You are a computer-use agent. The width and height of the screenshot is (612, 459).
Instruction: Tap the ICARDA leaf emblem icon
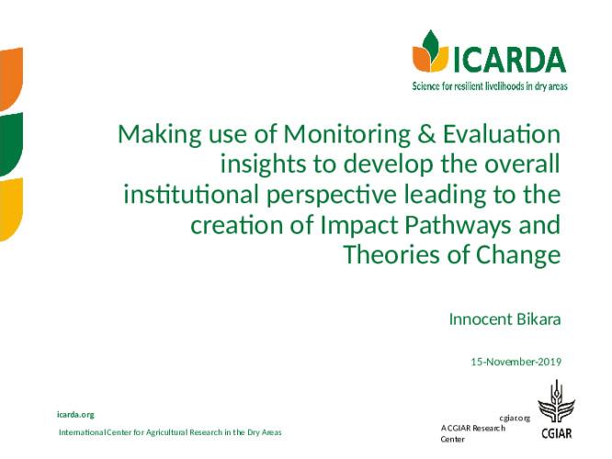429,51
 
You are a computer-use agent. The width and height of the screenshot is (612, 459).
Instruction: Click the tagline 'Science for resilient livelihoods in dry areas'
488,87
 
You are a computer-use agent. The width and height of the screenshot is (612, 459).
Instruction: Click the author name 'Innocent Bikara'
504,319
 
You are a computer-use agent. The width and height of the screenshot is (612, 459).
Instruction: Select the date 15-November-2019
516,362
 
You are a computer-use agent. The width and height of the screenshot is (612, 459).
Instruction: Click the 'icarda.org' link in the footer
75,415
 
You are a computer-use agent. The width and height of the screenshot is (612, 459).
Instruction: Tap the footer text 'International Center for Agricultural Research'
170,431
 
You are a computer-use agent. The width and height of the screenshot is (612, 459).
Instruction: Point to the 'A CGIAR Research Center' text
472,433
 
